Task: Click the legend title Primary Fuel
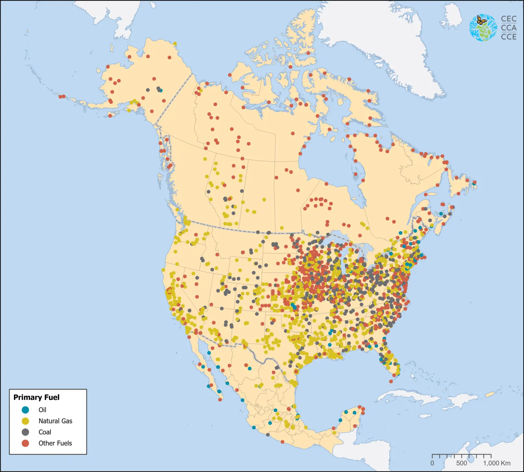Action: [x=36, y=397]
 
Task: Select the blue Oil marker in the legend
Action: [x=25, y=410]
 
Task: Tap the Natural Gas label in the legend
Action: [x=55, y=421]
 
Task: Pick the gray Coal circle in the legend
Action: [x=25, y=432]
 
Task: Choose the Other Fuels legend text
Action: [x=55, y=443]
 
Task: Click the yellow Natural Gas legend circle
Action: [x=25, y=421]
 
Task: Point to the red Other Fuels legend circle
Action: [x=25, y=443]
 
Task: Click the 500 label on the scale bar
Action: [x=462, y=463]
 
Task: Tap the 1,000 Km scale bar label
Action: [x=497, y=463]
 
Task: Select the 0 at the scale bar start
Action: [x=432, y=463]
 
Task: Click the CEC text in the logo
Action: [x=509, y=19]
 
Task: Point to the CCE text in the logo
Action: [x=509, y=37]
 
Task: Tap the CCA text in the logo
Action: [x=509, y=28]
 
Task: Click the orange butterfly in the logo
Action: [x=481, y=20]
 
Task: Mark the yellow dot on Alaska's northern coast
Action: [x=175, y=43]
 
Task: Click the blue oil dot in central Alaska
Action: [x=161, y=90]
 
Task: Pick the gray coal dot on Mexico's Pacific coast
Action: [x=268, y=435]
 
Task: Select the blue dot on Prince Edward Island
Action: [x=441, y=214]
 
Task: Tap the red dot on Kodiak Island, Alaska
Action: [x=110, y=116]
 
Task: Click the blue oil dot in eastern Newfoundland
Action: [x=474, y=184]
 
